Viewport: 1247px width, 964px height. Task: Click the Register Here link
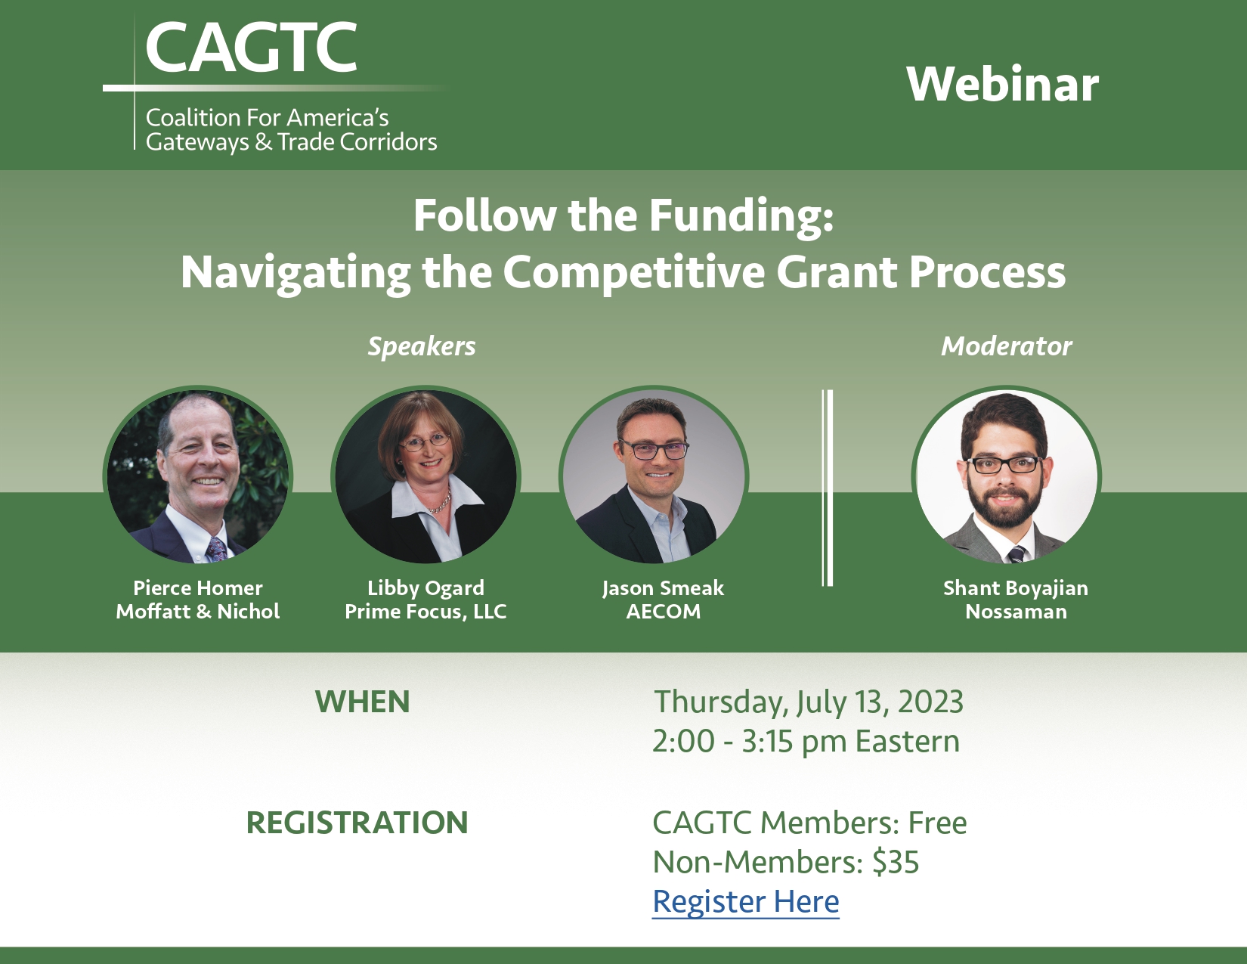[x=745, y=901]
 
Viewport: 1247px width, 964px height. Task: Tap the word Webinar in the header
[x=1003, y=85]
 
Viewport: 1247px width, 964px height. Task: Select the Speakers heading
[x=422, y=346]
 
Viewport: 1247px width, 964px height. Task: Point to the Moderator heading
[x=1007, y=346]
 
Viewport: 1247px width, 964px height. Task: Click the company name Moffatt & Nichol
[x=198, y=612]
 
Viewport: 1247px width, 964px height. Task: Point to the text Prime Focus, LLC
[x=425, y=612]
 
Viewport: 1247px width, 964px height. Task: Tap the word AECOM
[x=664, y=612]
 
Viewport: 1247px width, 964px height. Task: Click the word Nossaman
[x=1016, y=612]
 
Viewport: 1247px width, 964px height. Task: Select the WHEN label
[x=363, y=702]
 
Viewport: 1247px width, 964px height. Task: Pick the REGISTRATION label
[x=357, y=823]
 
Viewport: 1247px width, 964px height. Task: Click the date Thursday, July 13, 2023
[x=809, y=702]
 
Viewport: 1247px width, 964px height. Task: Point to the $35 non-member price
[x=896, y=862]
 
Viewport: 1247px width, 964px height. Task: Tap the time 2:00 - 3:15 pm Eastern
[x=806, y=742]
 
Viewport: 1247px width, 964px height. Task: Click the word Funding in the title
[x=741, y=216]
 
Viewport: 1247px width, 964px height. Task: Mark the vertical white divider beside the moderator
[x=828, y=488]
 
